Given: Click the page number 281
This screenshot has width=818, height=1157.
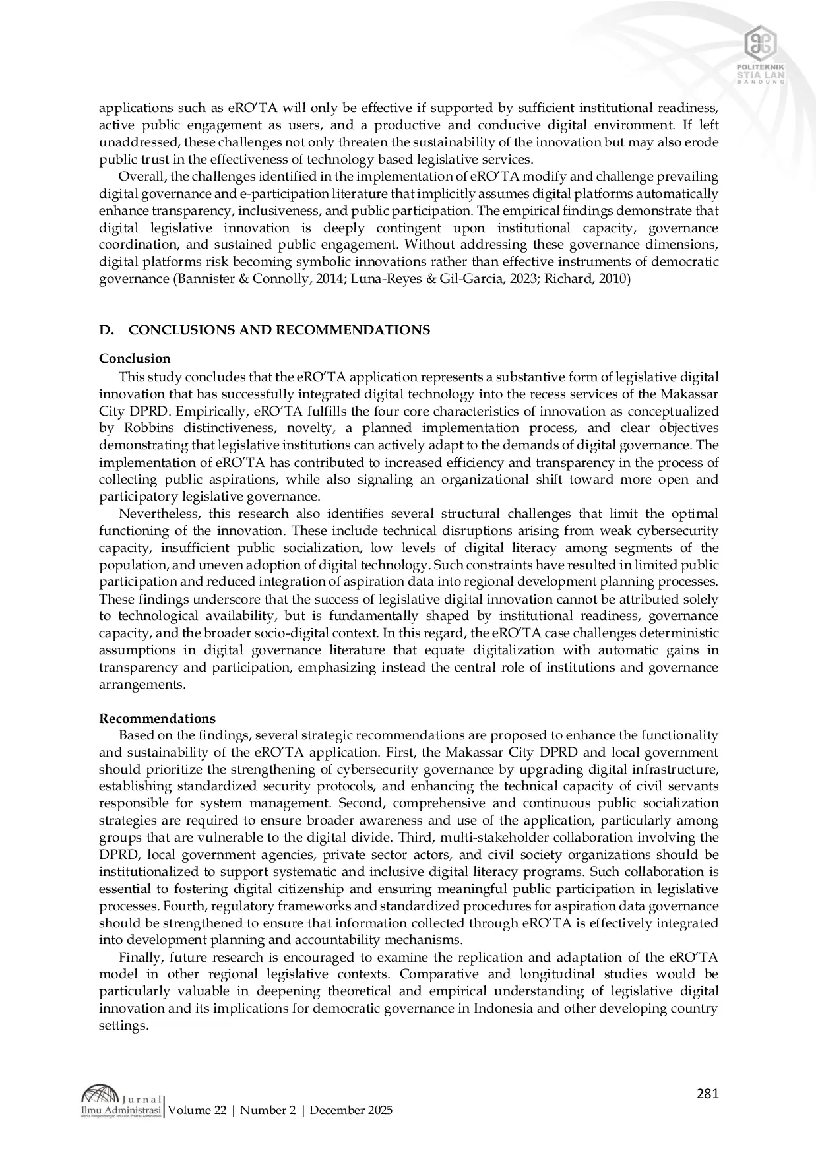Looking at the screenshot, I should [x=707, y=1094].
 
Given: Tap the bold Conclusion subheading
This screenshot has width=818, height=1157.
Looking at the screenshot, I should [x=135, y=358].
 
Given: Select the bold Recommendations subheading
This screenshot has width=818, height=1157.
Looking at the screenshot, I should [x=157, y=718].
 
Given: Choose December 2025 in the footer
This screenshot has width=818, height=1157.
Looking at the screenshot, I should [x=351, y=1110].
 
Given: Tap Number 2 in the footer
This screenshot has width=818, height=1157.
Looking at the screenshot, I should [x=268, y=1110].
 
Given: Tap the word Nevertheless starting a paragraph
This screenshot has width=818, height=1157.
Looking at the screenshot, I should [x=151, y=513].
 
